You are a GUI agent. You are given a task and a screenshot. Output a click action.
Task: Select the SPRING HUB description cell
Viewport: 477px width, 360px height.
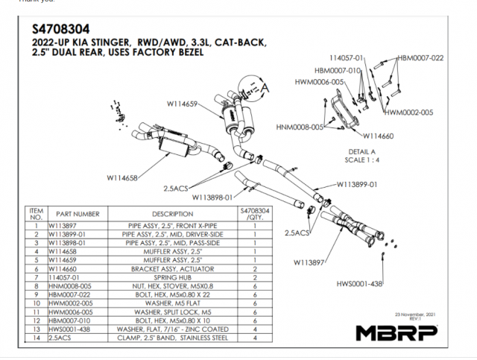coord(172,277)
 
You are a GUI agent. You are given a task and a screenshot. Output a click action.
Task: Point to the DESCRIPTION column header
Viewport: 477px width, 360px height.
coord(172,214)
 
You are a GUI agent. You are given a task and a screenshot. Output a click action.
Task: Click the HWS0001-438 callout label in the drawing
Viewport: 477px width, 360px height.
coord(381,284)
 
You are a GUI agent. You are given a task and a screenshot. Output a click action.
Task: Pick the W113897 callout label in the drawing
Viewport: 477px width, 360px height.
coord(312,262)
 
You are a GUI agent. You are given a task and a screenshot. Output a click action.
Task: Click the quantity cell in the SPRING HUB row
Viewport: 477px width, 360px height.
coord(254,277)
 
